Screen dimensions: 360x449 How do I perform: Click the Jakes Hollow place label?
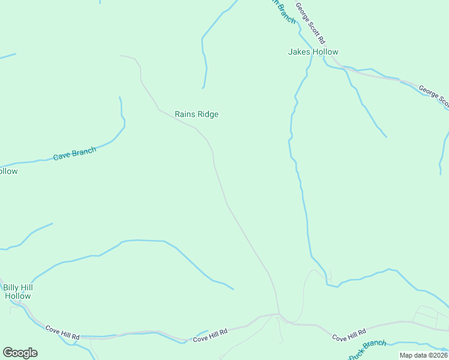[x=313, y=52]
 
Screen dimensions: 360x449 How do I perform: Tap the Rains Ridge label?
[x=196, y=114]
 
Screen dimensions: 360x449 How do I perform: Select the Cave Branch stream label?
[x=74, y=154]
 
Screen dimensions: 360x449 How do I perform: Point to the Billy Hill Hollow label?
[x=17, y=291]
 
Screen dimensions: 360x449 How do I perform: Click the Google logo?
[x=20, y=352]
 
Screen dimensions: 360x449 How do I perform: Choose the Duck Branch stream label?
[x=367, y=350]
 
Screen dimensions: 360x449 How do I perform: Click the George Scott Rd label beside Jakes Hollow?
[x=310, y=23]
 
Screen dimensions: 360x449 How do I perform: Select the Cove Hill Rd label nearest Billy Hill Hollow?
[x=62, y=332]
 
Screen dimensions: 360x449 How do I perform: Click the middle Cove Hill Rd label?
[x=210, y=335]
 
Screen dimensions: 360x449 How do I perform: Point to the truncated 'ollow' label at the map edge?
[x=8, y=171]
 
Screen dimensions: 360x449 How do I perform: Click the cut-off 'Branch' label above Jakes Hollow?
[x=285, y=11]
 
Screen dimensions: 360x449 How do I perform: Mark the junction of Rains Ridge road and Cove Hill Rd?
[x=278, y=313]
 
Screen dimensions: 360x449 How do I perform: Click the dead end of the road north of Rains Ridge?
[x=120, y=56]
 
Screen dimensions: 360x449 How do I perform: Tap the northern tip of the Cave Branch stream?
[x=119, y=97]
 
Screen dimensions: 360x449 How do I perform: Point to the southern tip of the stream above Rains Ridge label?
[x=203, y=88]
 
